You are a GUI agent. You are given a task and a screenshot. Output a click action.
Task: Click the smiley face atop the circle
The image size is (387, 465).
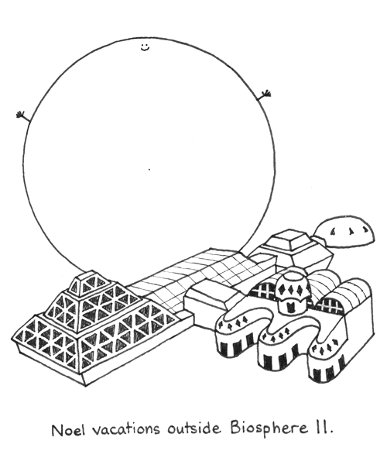(145, 47)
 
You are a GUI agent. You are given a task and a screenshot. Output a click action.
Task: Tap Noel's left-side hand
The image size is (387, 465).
(21, 115)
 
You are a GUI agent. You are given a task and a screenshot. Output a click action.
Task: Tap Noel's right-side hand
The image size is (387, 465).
(266, 95)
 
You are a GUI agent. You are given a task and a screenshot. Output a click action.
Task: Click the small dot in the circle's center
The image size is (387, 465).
(149, 170)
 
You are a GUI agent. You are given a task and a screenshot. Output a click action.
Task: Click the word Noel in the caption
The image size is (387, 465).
(68, 429)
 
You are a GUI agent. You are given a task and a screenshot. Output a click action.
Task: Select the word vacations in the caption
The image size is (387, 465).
(126, 429)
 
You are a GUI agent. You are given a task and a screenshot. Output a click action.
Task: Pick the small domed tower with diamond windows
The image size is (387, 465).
(293, 293)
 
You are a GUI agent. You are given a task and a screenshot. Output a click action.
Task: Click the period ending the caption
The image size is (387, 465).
(330, 432)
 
